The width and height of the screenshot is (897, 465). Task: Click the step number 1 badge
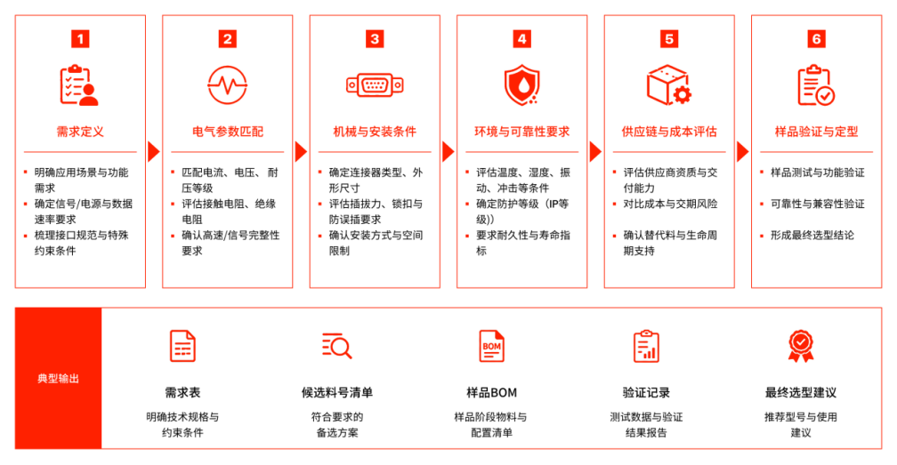(80, 39)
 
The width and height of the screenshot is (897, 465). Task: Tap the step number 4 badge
(521, 39)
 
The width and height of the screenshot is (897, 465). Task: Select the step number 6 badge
(816, 39)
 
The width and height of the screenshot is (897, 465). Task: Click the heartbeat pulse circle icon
(227, 85)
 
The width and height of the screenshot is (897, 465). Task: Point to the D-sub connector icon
(375, 85)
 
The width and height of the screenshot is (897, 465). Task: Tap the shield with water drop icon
(521, 85)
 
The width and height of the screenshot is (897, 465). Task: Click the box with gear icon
(669, 85)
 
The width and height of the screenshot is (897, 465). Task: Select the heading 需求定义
(80, 132)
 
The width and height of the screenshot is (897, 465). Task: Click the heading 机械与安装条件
(375, 132)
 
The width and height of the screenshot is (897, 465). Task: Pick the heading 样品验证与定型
(816, 132)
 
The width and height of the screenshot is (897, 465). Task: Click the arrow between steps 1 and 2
(153, 152)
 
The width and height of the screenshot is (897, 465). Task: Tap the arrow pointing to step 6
(742, 152)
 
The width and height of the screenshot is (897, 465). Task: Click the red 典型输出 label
(59, 379)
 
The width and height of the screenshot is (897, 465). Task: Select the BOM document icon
(491, 346)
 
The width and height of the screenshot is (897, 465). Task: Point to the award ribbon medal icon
(800, 346)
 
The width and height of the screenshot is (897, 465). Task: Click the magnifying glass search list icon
(337, 346)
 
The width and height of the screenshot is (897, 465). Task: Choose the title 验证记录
(646, 392)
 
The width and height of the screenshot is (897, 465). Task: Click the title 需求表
(182, 392)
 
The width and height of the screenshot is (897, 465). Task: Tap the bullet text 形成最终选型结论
(812, 236)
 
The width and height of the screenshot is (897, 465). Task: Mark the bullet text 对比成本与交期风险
(670, 204)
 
